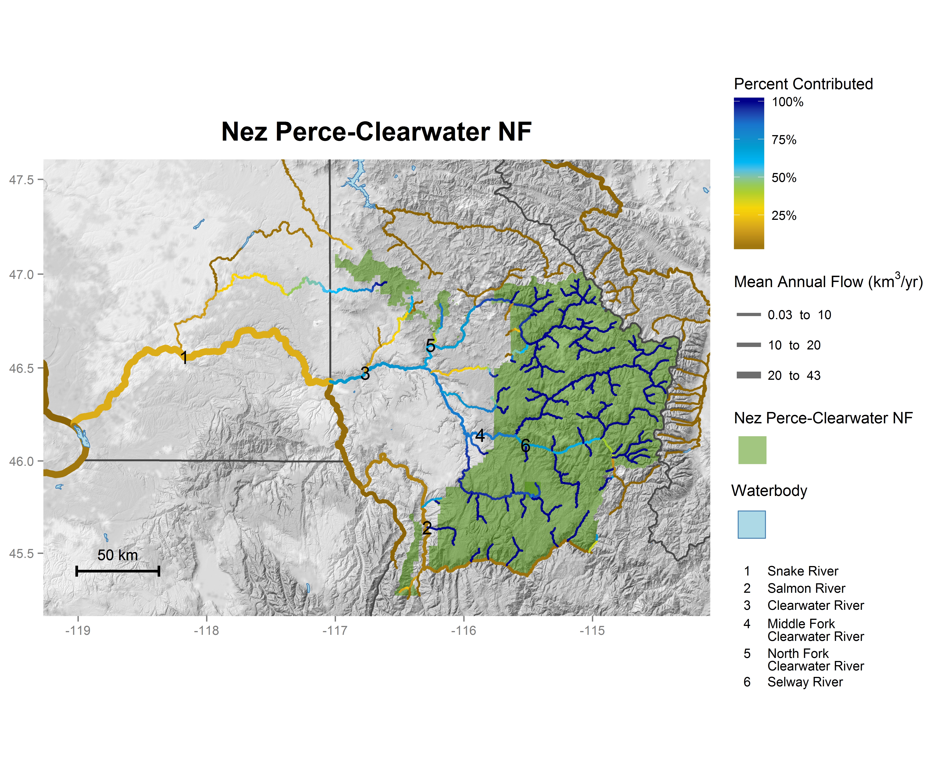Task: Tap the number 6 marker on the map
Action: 525,446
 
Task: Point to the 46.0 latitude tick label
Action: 21,461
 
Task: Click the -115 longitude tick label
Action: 592,631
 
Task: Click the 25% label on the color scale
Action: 784,216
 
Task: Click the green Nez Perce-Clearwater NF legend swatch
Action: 752,450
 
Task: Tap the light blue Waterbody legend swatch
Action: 752,524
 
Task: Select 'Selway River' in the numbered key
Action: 805,682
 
